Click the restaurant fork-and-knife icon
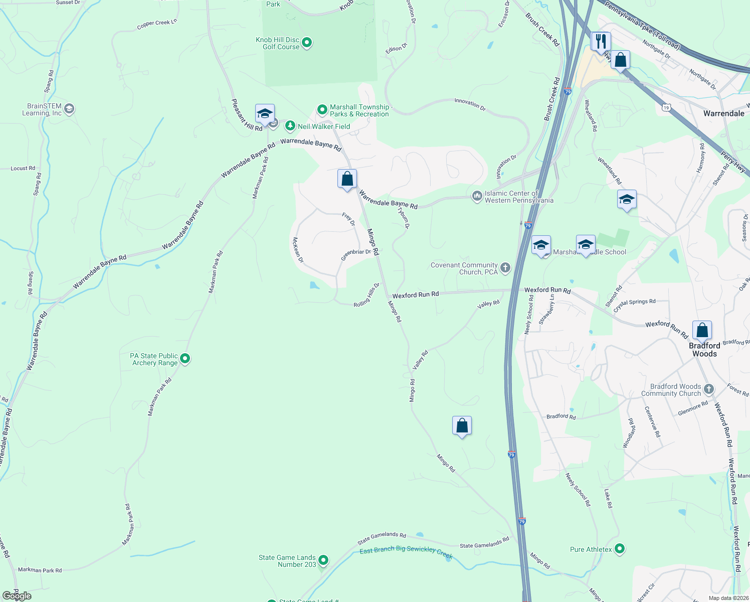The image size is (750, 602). click(601, 41)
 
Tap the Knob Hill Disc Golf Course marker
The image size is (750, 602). click(307, 43)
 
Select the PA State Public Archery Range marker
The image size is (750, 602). click(185, 359)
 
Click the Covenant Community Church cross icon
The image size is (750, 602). click(505, 268)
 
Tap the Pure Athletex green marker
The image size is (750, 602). click(620, 549)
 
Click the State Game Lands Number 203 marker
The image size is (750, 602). click(323, 560)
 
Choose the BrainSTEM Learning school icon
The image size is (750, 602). click(69, 109)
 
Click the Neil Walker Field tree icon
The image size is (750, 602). click(290, 126)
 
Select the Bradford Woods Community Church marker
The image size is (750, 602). click(708, 389)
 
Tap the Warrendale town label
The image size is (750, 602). click(723, 113)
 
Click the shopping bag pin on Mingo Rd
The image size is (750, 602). click(347, 179)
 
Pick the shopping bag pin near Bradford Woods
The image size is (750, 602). click(702, 330)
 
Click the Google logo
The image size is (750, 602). click(17, 596)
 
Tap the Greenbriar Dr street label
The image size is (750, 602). click(356, 255)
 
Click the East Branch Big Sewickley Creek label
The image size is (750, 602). click(406, 552)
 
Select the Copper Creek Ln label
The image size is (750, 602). click(157, 24)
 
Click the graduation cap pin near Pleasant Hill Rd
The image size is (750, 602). click(265, 114)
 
